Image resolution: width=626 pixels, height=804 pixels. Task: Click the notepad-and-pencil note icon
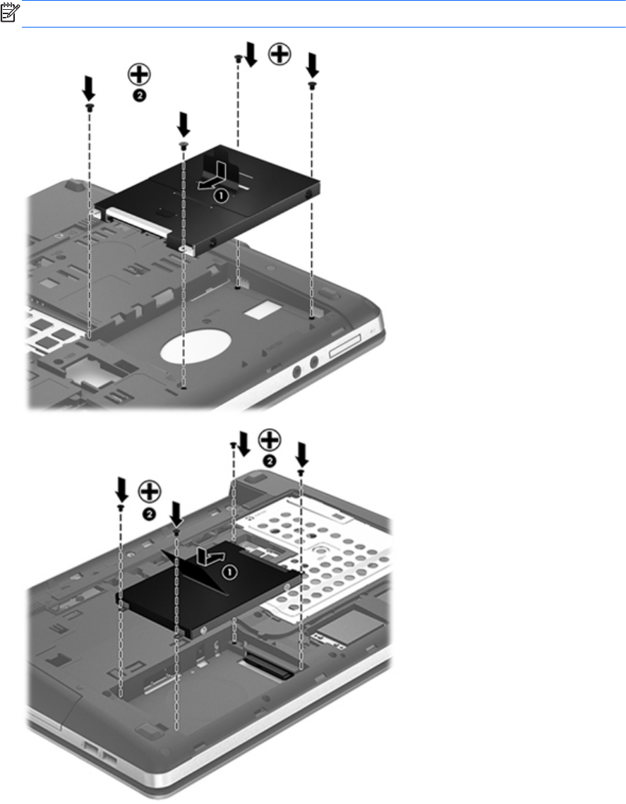click(x=9, y=12)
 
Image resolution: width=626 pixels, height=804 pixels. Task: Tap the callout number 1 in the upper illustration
click(x=221, y=196)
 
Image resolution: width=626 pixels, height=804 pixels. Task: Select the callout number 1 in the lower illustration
click(x=229, y=572)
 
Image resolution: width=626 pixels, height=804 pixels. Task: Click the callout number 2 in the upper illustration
click(x=140, y=95)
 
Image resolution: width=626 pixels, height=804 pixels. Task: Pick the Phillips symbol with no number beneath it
click(x=280, y=54)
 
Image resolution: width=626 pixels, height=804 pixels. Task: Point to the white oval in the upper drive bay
click(x=195, y=347)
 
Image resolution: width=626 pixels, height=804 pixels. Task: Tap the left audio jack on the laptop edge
click(x=296, y=372)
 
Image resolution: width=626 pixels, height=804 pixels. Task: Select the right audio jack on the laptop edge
click(x=314, y=363)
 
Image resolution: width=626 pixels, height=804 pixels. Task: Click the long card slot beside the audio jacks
click(x=345, y=345)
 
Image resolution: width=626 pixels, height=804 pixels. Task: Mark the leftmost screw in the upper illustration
click(x=90, y=107)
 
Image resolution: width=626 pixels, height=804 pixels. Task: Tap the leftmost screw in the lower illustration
click(x=121, y=507)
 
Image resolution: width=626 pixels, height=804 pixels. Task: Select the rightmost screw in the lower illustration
click(x=301, y=471)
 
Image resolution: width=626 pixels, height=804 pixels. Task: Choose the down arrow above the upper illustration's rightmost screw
click(x=312, y=65)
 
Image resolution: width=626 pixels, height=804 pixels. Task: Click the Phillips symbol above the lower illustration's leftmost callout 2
click(x=150, y=492)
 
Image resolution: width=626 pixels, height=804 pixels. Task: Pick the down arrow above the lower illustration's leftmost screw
click(x=121, y=491)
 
